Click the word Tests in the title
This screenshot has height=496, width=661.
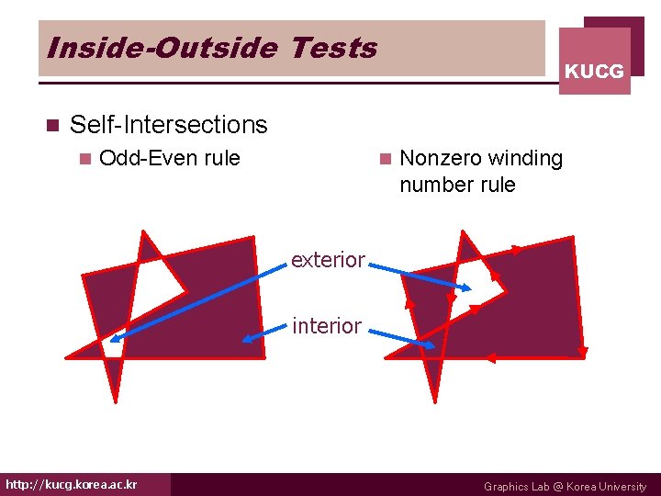click(332, 48)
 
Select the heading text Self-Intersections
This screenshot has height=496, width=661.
click(168, 124)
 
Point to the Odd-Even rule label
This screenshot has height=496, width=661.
click(169, 158)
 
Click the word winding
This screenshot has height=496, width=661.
click(524, 158)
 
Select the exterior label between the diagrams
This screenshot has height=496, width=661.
click(328, 260)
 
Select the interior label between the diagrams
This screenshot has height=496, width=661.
click(326, 325)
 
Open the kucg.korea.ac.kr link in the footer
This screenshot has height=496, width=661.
click(72, 484)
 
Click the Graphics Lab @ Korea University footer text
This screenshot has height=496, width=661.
click(565, 486)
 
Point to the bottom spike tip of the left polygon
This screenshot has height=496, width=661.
click(116, 400)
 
